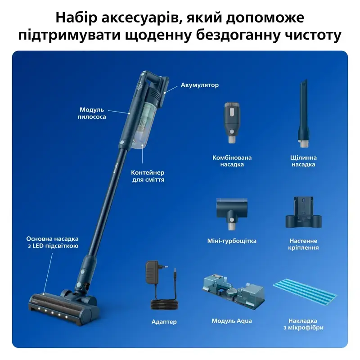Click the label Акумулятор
(x=199, y=85)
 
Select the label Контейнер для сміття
(x=148, y=176)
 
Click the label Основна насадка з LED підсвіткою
(x=53, y=243)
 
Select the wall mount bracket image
(x=303, y=212)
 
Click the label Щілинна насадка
(x=303, y=161)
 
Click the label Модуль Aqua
(x=232, y=321)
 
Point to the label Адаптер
(x=164, y=322)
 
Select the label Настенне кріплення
(x=303, y=244)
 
